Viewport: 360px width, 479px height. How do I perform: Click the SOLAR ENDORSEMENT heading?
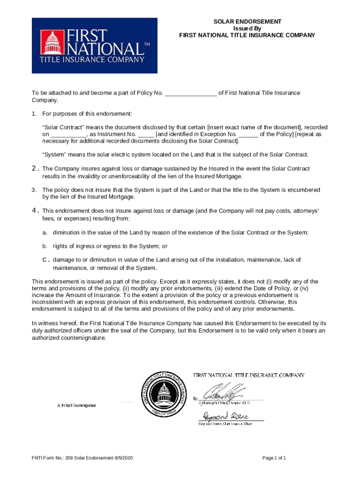tap(247, 22)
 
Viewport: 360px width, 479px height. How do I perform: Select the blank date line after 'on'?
tap(68, 135)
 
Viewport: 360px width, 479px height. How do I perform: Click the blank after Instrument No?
tap(146, 135)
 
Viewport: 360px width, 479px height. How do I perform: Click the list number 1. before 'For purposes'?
tap(34, 114)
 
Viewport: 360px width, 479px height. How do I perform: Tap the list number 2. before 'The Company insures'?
tap(34, 168)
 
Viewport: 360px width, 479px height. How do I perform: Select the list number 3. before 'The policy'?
tap(34, 190)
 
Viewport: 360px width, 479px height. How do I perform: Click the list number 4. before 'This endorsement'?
tap(34, 211)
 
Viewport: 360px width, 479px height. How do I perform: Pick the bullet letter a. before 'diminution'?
tap(45, 232)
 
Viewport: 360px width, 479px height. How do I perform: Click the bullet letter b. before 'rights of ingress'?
tap(45, 246)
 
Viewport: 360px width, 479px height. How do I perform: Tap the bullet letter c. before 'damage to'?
tap(45, 260)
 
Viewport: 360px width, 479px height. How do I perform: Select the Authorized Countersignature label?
tap(77, 405)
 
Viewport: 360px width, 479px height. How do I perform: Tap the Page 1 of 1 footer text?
tap(274, 458)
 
